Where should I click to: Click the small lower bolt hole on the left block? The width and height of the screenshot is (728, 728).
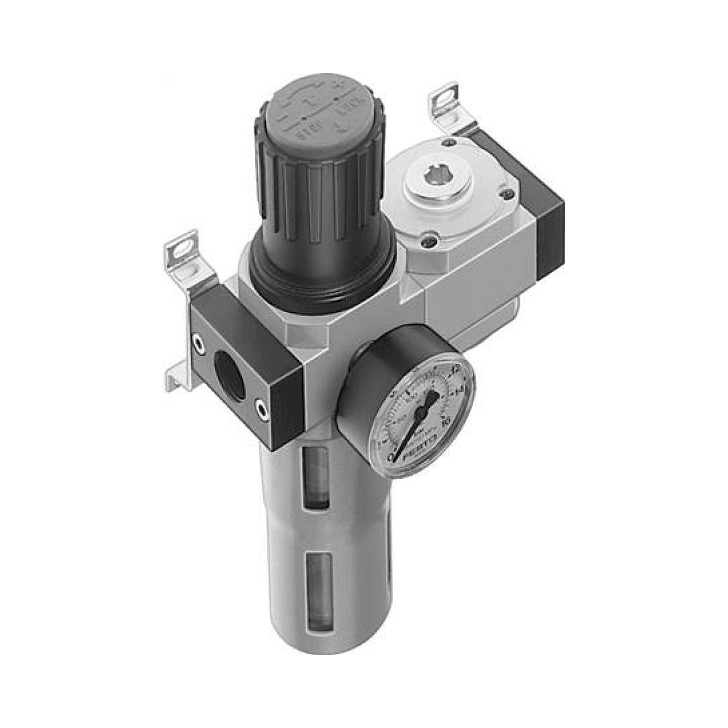click(x=260, y=406)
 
